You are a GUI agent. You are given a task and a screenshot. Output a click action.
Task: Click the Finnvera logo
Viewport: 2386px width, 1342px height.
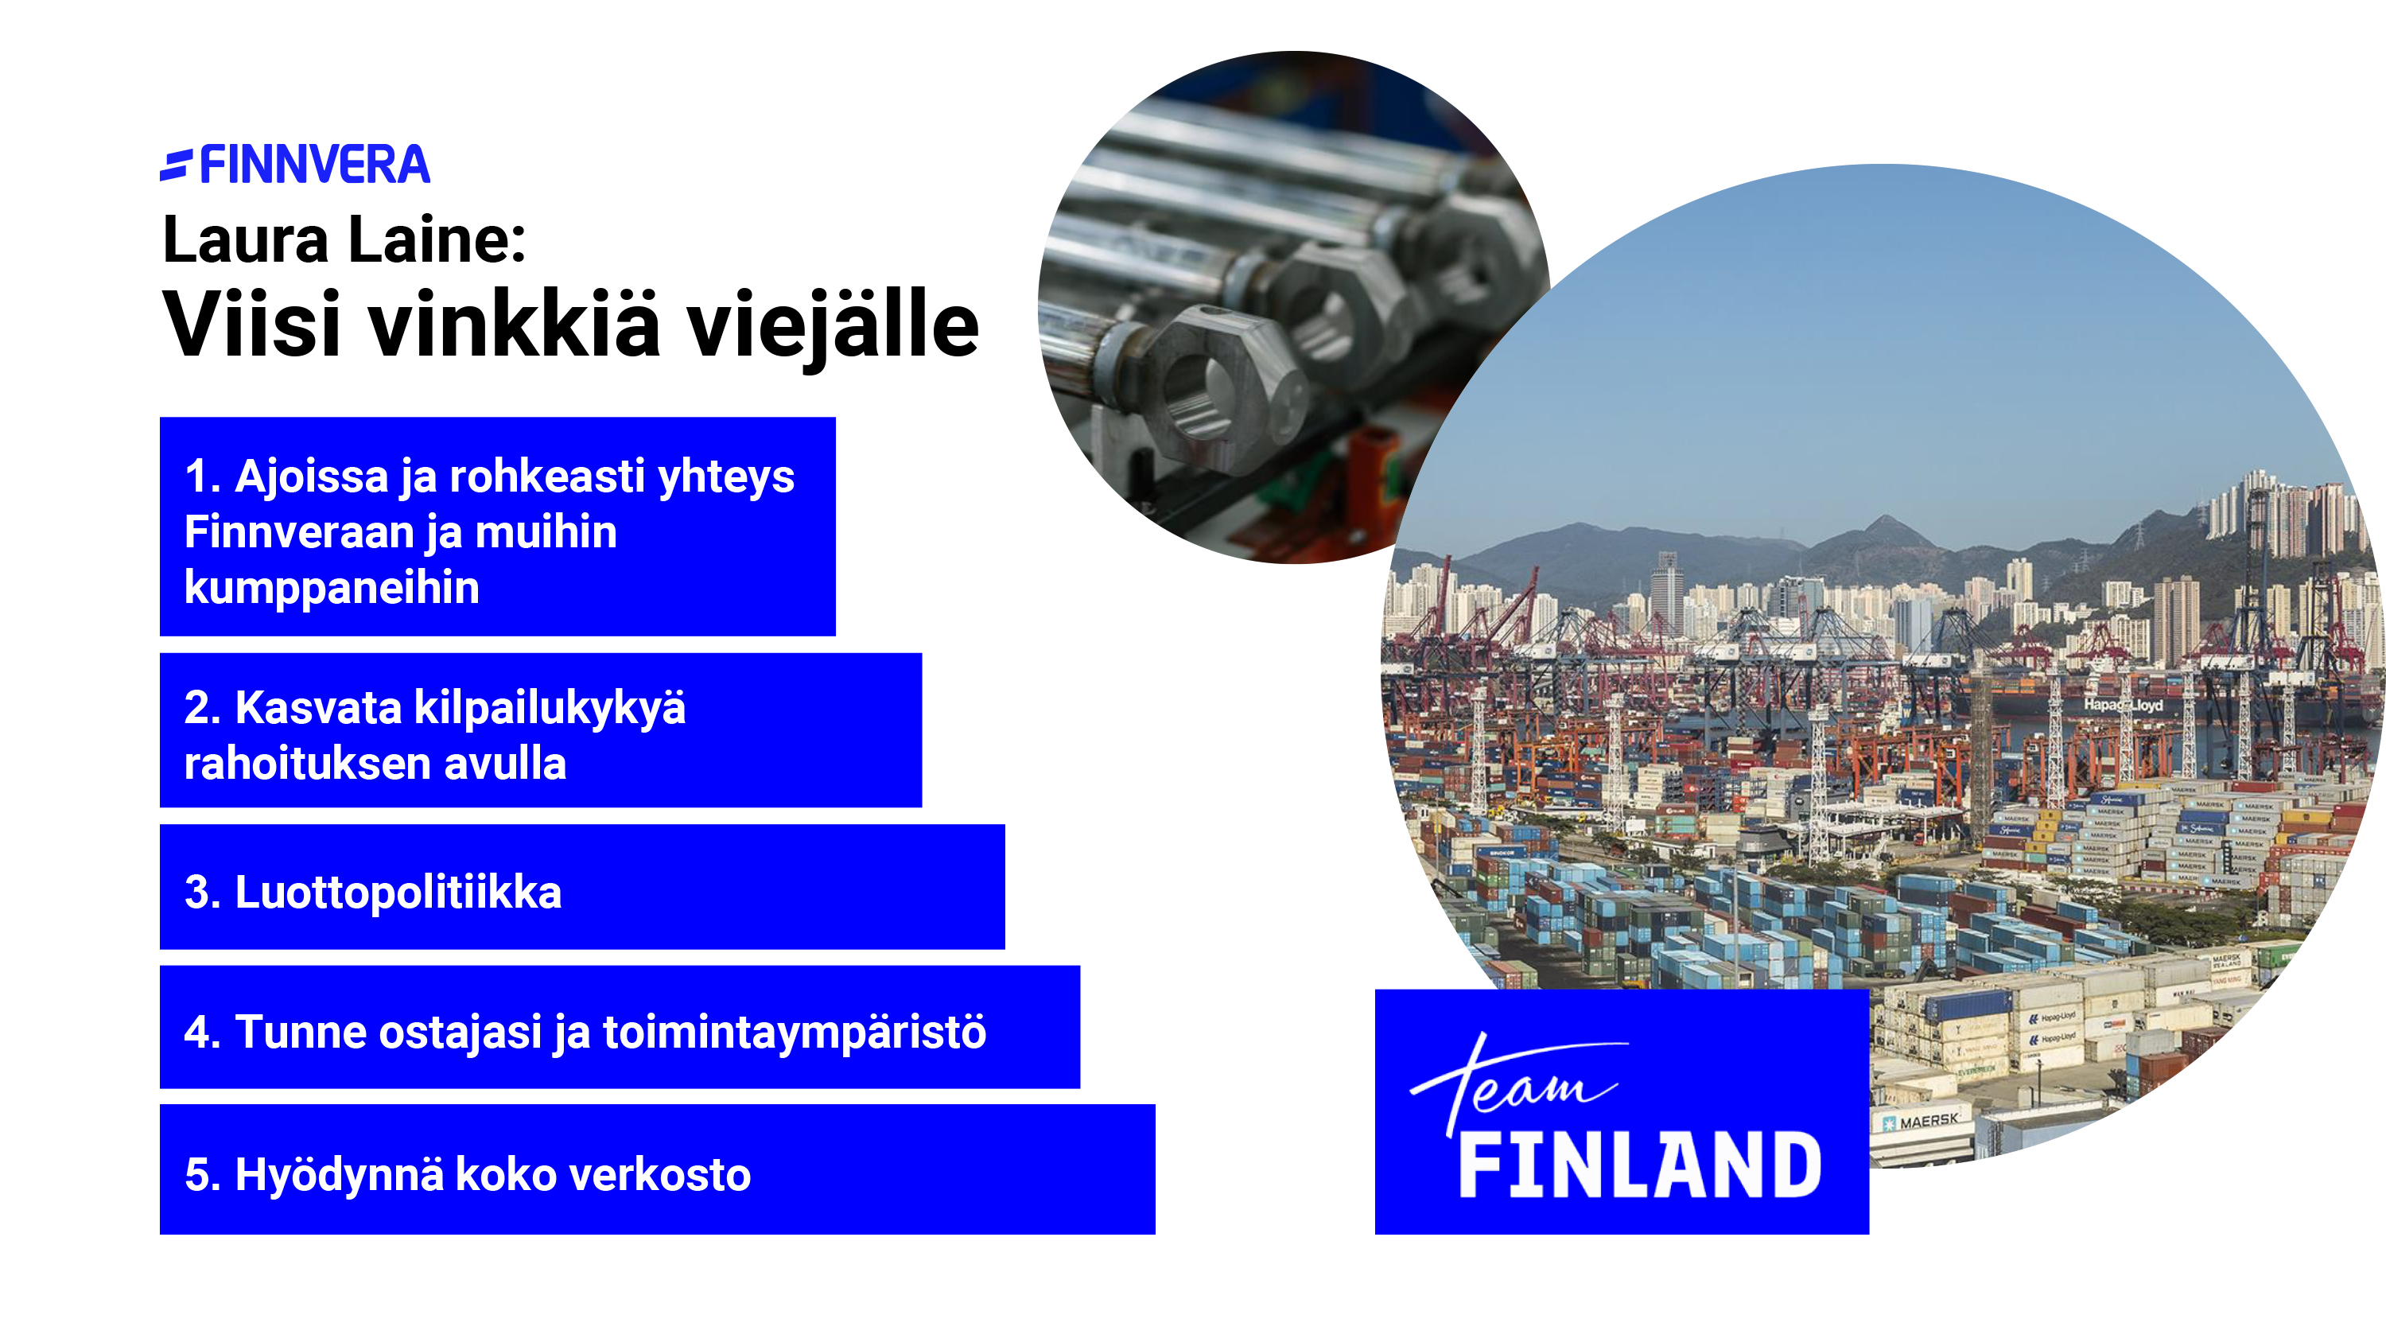point(294,165)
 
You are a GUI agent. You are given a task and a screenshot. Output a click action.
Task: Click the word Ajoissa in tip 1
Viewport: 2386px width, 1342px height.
point(311,478)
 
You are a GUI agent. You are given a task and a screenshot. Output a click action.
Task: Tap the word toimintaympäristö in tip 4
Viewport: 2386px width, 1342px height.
point(795,1033)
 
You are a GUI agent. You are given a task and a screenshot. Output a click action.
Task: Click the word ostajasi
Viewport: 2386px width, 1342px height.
point(460,1033)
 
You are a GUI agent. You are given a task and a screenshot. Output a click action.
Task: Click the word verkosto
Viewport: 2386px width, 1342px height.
point(659,1175)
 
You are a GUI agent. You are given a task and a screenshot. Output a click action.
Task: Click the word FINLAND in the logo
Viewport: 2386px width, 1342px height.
point(1639,1165)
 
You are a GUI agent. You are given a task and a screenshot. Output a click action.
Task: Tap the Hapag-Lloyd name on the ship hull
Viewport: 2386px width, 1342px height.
point(2122,705)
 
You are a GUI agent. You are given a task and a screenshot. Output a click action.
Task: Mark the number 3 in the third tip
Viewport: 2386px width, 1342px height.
point(197,893)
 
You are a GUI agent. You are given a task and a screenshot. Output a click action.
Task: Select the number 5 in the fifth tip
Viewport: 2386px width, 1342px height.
point(197,1175)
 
